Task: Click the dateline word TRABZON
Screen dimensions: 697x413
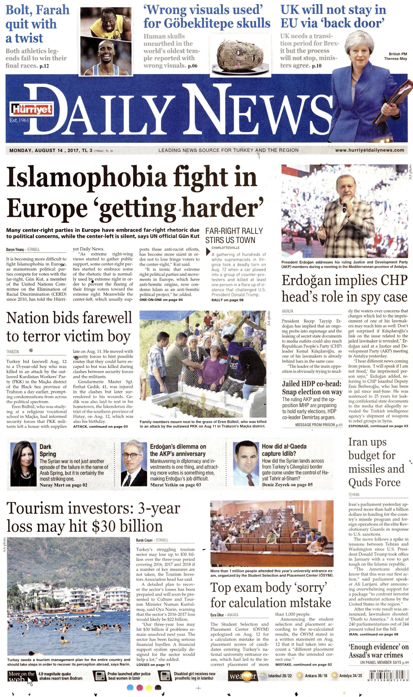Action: [x=13, y=352]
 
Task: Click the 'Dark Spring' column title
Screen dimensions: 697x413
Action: [x=48, y=450]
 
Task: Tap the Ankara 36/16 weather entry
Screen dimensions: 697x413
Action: [x=312, y=676]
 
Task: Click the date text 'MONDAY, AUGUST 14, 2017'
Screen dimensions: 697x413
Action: [x=44, y=151]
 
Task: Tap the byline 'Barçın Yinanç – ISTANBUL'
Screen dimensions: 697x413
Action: [x=23, y=250]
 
